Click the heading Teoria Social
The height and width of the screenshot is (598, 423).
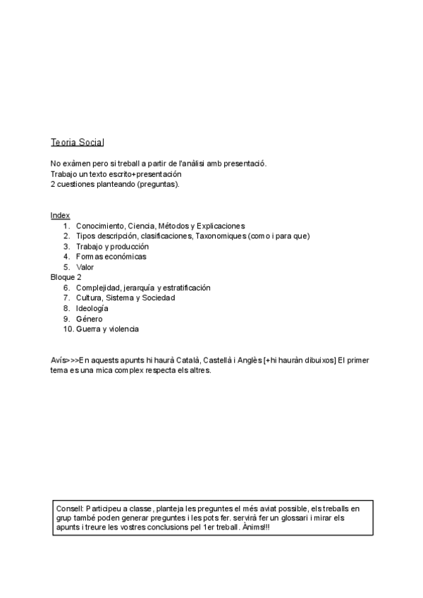(x=77, y=142)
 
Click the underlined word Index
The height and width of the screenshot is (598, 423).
(x=60, y=215)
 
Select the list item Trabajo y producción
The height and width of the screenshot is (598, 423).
(x=112, y=247)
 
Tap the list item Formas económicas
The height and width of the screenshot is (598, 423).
(x=111, y=257)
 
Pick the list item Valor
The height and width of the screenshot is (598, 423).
(x=85, y=267)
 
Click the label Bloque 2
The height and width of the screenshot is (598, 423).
(x=66, y=277)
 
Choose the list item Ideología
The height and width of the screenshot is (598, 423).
(x=92, y=308)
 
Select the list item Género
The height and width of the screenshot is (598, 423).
(x=89, y=319)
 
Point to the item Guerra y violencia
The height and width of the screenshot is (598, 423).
(x=107, y=329)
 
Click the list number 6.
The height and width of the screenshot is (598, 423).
(x=66, y=288)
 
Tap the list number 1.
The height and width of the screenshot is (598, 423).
(x=66, y=226)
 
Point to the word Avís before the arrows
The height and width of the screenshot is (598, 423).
(x=58, y=360)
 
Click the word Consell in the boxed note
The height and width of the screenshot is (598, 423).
(x=69, y=508)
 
